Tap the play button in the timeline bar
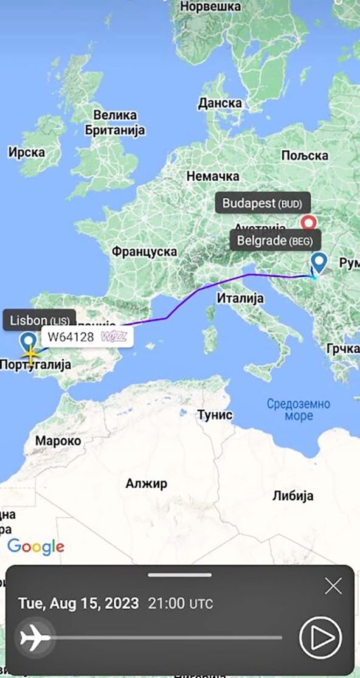[320, 637]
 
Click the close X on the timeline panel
[333, 586]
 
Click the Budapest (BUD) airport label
[261, 203]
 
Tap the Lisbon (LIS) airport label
[40, 320]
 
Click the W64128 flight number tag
[86, 336]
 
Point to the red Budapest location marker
[310, 223]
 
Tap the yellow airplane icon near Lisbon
[30, 352]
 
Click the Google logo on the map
[36, 546]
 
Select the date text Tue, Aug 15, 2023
[78, 604]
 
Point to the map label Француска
[144, 251]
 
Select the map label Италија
[240, 298]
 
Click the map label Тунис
[215, 415]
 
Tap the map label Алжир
[146, 483]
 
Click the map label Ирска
[26, 152]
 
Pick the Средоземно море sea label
[298, 409]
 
